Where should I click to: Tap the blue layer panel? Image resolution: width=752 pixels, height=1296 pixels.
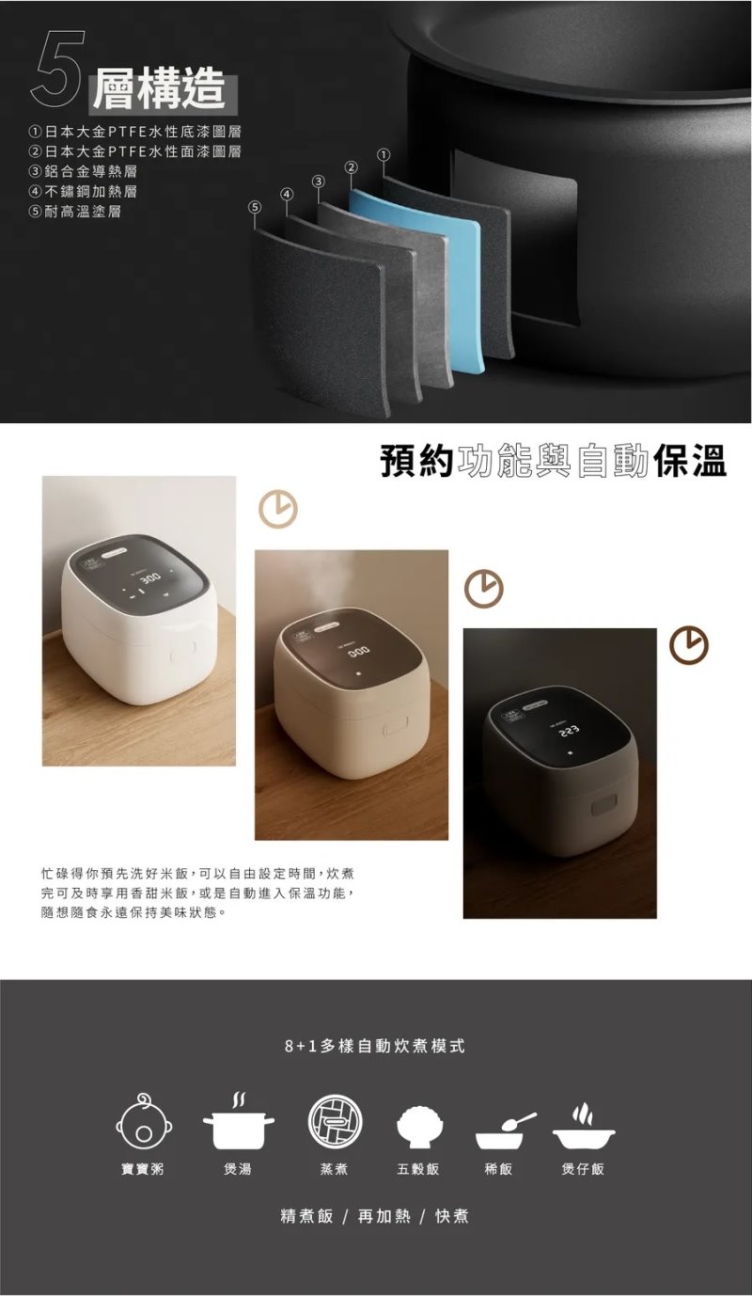pyautogui.click(x=416, y=277)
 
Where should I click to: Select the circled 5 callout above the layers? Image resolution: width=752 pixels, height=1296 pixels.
pyautogui.click(x=254, y=207)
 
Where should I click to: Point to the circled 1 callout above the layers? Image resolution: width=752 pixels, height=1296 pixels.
pyautogui.click(x=383, y=155)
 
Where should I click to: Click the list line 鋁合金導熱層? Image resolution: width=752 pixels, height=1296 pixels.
pyautogui.click(x=84, y=171)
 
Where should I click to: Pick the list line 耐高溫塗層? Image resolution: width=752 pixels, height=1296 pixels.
pyautogui.click(x=75, y=212)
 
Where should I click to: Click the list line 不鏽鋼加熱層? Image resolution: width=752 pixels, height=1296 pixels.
pyautogui.click(x=84, y=191)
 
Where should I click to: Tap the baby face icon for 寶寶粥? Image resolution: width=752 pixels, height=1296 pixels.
pyautogui.click(x=144, y=1122)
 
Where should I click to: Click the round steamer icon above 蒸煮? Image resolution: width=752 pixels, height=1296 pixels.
pyautogui.click(x=335, y=1122)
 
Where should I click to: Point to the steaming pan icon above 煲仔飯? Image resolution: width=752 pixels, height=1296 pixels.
pyautogui.click(x=583, y=1126)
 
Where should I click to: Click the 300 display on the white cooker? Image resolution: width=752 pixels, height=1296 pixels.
pyautogui.click(x=150, y=578)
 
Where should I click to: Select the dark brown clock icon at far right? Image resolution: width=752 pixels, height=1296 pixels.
pyautogui.click(x=689, y=644)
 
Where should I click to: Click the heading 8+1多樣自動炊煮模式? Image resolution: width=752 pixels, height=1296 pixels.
pyautogui.click(x=375, y=1046)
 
